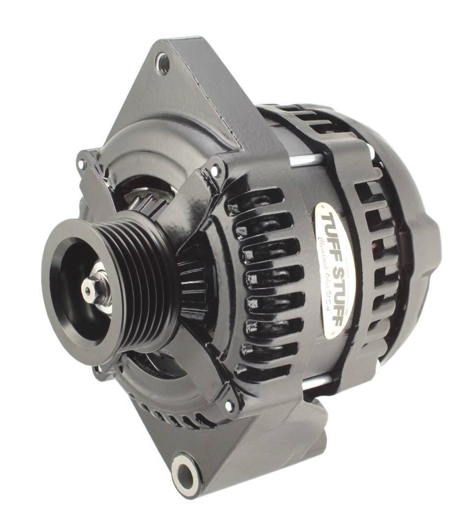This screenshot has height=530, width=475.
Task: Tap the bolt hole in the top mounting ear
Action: (163, 64)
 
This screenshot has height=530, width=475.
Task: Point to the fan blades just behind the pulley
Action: (191, 275)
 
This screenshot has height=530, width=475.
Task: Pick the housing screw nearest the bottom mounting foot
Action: (229, 405)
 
